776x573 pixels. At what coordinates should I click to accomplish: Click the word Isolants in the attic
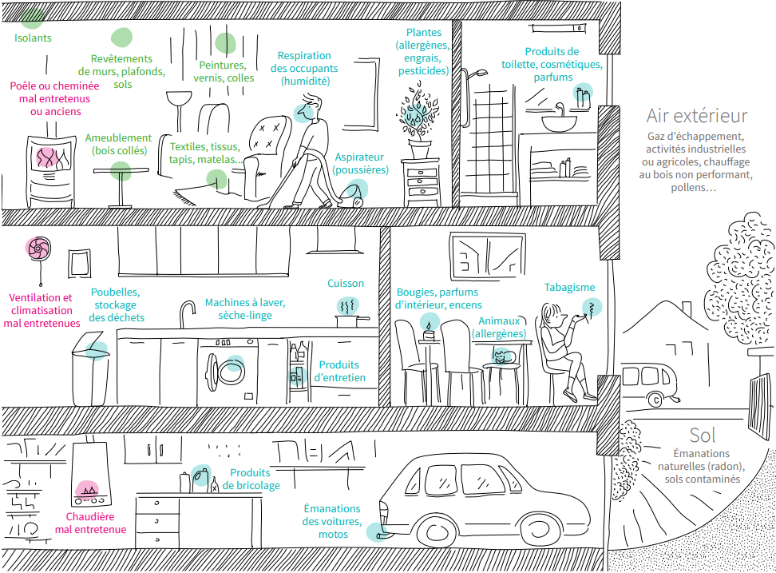[x=33, y=38]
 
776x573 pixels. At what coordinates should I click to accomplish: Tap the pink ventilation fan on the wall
[x=37, y=250]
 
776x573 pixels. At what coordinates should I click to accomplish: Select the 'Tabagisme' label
[x=569, y=288]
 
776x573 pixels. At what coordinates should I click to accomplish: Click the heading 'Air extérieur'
[x=697, y=117]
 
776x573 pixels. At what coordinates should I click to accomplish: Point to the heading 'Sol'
[x=703, y=435]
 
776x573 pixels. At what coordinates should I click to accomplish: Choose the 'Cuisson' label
[x=346, y=283]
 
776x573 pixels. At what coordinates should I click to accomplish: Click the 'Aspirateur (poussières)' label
[x=361, y=164]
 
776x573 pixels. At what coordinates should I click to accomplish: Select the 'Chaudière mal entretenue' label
[x=90, y=523]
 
